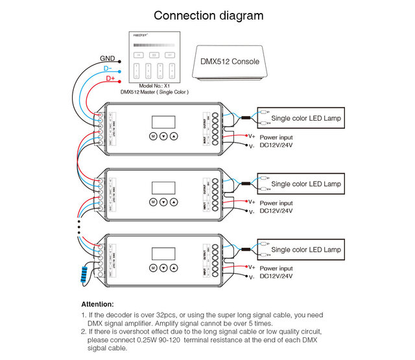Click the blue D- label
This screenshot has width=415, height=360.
[x=108, y=68]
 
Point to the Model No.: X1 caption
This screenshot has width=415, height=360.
[x=154, y=86]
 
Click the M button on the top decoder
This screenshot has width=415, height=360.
[x=152, y=137]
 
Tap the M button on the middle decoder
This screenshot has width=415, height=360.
[x=152, y=202]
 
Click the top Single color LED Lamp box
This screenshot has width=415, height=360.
[x=299, y=118]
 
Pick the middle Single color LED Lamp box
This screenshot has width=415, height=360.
[x=299, y=184]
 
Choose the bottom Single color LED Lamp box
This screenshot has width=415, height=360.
[x=299, y=250]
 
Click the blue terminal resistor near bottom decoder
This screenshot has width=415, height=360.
[x=83, y=275]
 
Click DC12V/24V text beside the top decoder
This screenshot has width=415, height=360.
[x=276, y=145]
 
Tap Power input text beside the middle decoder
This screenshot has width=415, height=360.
[x=276, y=202]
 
